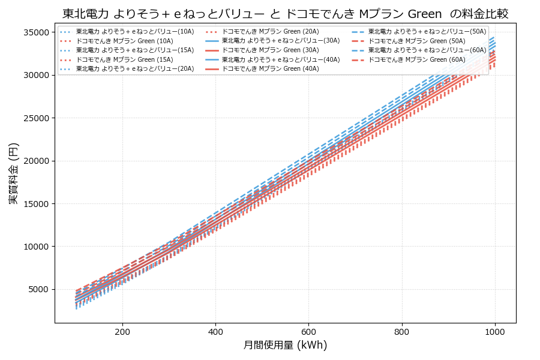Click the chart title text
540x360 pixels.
click(285, 14)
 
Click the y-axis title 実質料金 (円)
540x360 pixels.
click(14, 173)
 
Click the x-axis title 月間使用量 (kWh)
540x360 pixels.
click(285, 345)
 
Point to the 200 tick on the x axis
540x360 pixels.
click(122, 331)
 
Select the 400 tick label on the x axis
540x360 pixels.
click(215, 331)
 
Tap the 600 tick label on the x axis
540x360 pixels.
click(308, 331)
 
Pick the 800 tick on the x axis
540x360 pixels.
click(401, 331)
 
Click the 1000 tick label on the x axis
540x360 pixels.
click(494, 331)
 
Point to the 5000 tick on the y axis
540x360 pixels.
click(38, 290)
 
